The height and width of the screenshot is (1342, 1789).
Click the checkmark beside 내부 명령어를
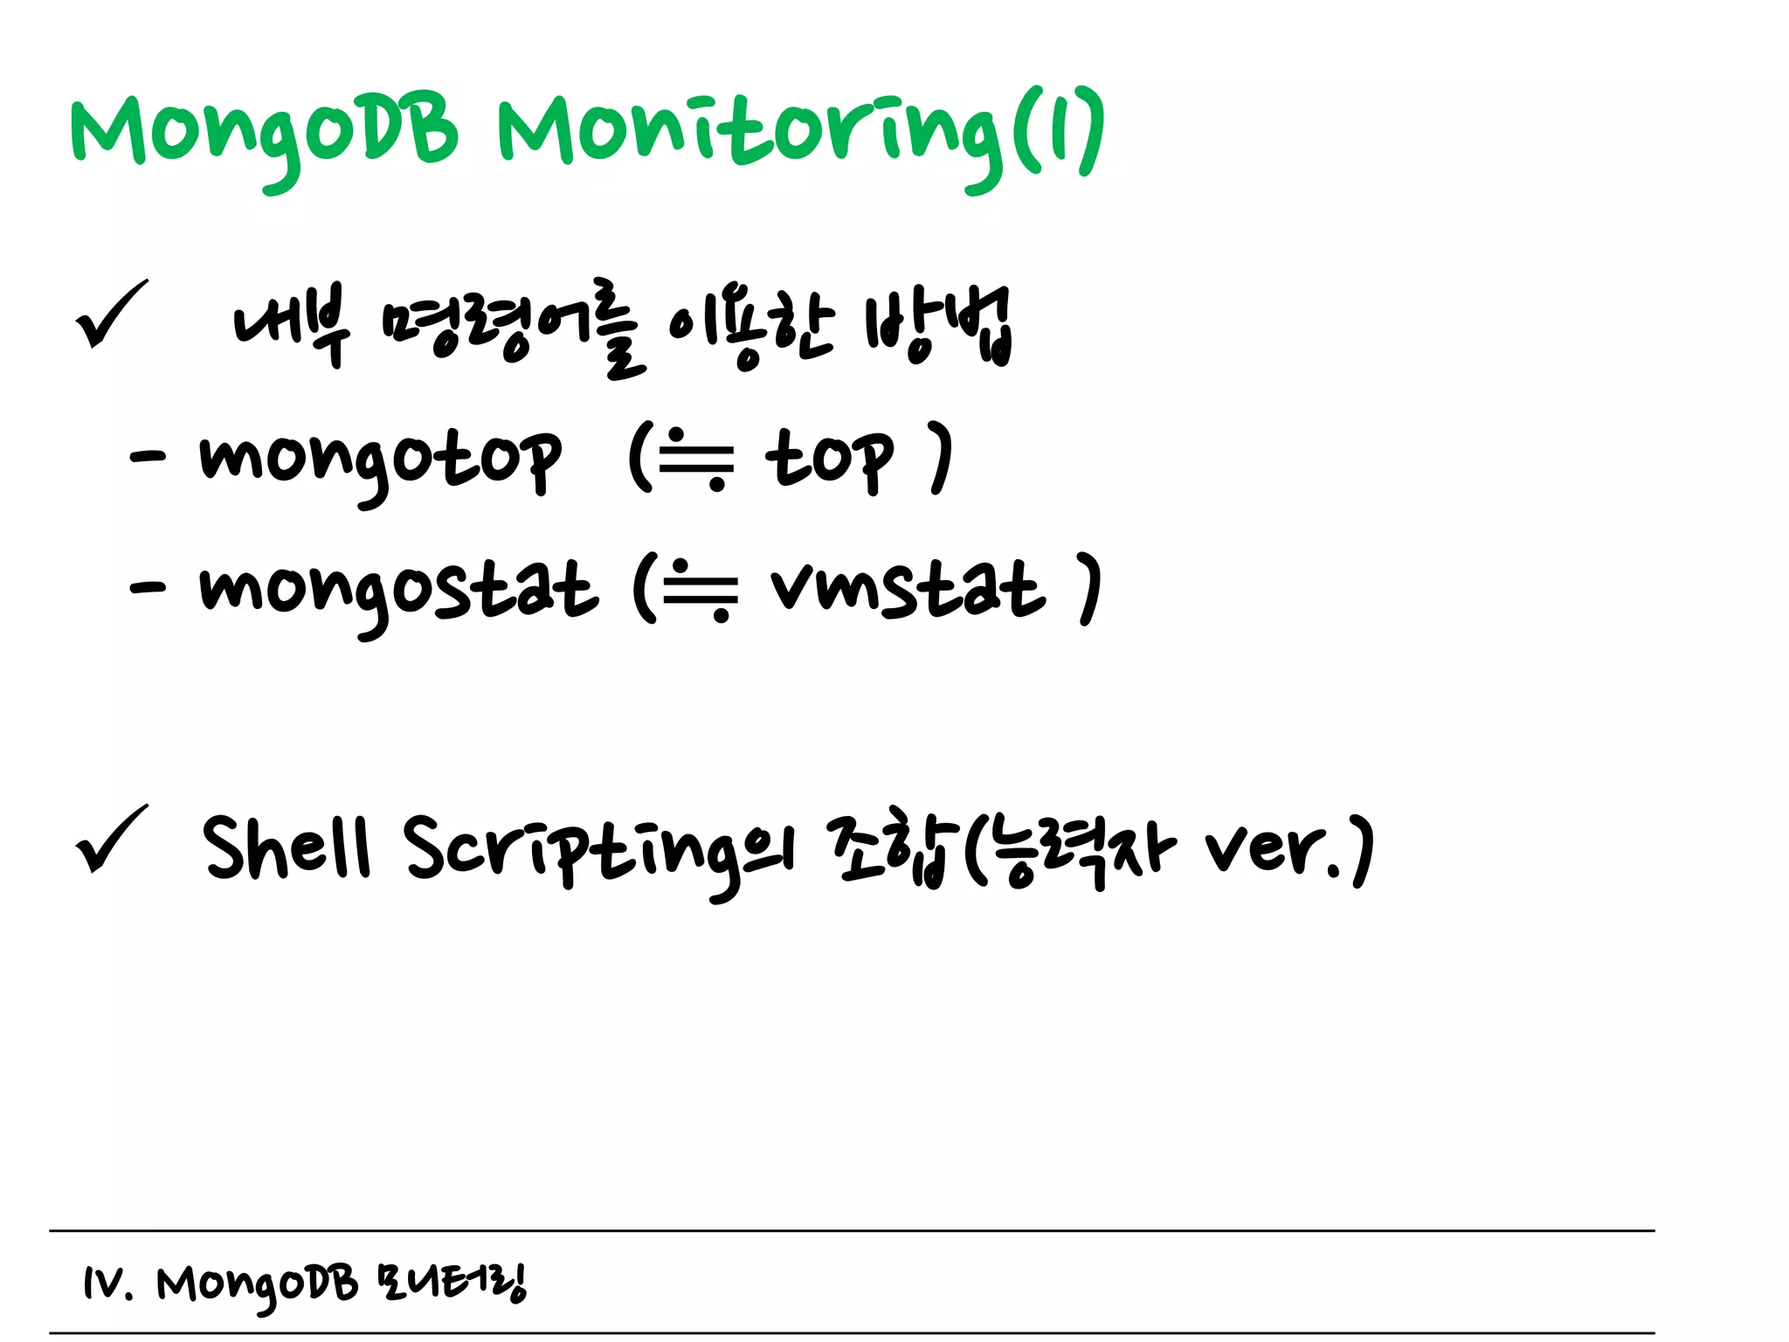(111, 315)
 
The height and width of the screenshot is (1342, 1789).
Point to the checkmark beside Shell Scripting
(111, 839)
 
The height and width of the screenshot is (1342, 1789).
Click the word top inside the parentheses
(830, 458)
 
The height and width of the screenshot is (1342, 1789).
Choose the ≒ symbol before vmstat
(700, 590)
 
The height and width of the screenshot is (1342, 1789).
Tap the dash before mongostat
(147, 587)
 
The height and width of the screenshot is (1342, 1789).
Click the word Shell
(287, 846)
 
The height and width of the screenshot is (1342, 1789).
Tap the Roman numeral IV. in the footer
(107, 1284)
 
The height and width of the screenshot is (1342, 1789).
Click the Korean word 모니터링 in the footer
(452, 1283)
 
